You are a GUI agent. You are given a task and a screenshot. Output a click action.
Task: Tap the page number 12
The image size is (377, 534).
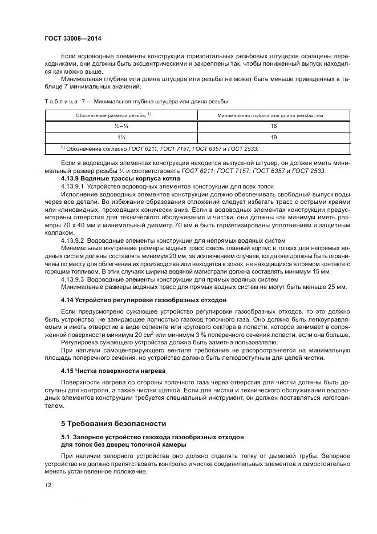[47, 485]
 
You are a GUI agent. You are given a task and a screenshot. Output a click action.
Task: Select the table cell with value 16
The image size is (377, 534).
[274, 126]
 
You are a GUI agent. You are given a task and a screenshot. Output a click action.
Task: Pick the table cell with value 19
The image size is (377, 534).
[274, 137]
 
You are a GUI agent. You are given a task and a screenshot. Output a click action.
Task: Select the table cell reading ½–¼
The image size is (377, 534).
[121, 126]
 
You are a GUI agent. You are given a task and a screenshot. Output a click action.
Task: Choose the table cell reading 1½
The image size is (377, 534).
[121, 137]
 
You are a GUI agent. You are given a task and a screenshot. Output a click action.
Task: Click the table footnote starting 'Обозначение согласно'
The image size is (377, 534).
[159, 148]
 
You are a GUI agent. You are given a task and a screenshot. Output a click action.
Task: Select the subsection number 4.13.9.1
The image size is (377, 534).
[72, 186]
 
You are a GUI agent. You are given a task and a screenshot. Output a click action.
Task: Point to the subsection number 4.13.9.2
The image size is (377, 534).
[72, 241]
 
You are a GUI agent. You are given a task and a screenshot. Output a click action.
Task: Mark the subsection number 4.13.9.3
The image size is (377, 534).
[72, 279]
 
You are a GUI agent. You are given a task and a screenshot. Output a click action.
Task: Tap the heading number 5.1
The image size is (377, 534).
[66, 436]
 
